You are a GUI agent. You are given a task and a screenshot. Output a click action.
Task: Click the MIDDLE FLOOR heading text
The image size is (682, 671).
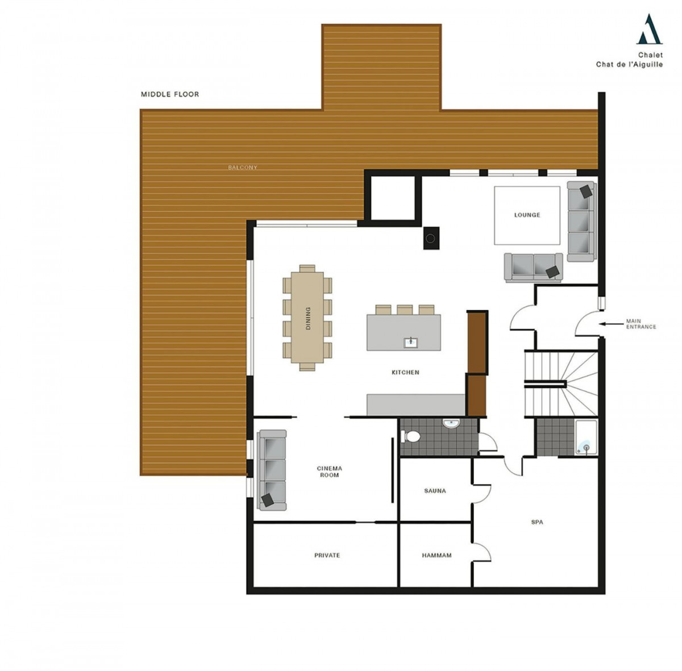point(170,94)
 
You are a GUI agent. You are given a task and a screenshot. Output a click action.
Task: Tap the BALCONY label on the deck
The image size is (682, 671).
point(243,168)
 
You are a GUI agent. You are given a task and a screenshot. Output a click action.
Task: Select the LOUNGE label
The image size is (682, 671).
point(527,215)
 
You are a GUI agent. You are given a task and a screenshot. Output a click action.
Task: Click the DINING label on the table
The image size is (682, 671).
point(307,318)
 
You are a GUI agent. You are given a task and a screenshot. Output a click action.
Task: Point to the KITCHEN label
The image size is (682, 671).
point(405,372)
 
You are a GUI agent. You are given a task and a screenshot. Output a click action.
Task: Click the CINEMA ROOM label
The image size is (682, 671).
point(329,472)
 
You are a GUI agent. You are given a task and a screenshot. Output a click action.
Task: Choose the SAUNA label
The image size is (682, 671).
point(435,491)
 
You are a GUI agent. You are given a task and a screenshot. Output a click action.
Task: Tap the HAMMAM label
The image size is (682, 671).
point(436,555)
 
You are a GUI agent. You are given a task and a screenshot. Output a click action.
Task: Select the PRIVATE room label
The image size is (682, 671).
point(327,555)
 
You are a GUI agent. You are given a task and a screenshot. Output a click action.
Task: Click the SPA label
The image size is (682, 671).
point(537,522)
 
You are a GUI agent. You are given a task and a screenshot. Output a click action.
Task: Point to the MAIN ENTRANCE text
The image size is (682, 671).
point(641,324)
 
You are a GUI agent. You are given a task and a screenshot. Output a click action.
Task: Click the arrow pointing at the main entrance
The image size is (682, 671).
point(611,323)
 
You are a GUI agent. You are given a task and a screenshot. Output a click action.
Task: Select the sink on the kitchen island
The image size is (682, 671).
point(410,343)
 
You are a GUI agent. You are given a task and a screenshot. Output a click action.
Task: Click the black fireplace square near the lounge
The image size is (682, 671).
point(431,238)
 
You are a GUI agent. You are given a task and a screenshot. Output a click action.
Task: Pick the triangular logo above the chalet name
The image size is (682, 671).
point(649,29)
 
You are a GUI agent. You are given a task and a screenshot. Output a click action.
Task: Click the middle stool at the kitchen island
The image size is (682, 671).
point(405,310)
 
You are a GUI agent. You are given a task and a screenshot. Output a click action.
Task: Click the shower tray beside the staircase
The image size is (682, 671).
point(586,437)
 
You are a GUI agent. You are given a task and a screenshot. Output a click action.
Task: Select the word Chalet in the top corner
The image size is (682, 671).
point(651,55)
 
